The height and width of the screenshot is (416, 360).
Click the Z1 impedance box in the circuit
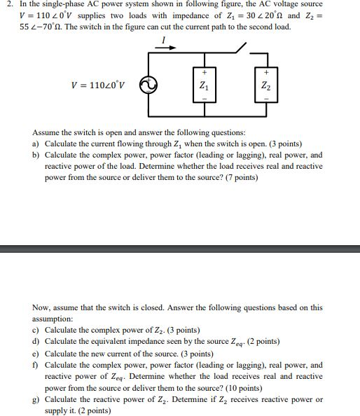click(204, 86)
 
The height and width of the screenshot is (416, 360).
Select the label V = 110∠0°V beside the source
click(98, 86)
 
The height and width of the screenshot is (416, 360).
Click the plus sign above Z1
click(204, 72)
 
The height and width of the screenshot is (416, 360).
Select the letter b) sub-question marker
click(36, 155)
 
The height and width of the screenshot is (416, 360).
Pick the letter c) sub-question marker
click(36, 331)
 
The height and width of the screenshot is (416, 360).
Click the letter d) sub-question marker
click(36, 342)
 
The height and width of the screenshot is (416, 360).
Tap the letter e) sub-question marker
click(36, 354)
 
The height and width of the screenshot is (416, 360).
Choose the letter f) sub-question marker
click(36, 365)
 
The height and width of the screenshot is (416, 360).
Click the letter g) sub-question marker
click(36, 399)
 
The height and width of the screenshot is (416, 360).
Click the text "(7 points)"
click(238, 178)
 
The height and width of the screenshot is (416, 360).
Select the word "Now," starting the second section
click(42, 307)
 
